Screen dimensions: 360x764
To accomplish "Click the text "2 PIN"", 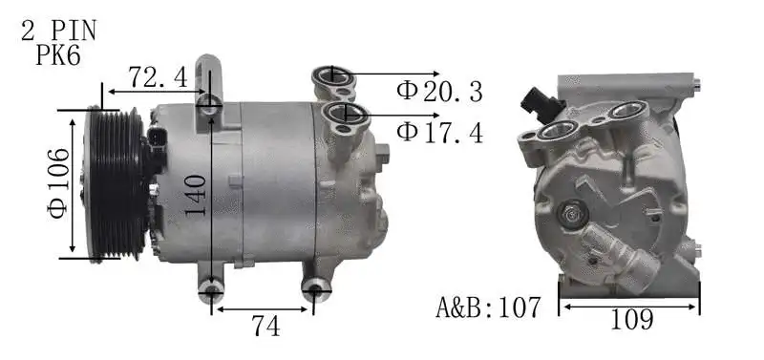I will (x=58, y=31).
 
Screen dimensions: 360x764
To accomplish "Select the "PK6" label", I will (x=58, y=55).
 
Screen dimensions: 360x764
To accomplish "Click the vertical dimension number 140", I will (x=197, y=196).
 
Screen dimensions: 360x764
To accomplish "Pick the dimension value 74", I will (x=265, y=327).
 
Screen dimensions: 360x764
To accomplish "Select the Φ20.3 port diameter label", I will (x=440, y=92).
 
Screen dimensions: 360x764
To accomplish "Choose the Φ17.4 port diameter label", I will (x=440, y=132).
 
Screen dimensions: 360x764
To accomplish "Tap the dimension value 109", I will (x=630, y=320).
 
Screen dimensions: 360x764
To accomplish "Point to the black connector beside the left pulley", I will (x=155, y=145).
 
